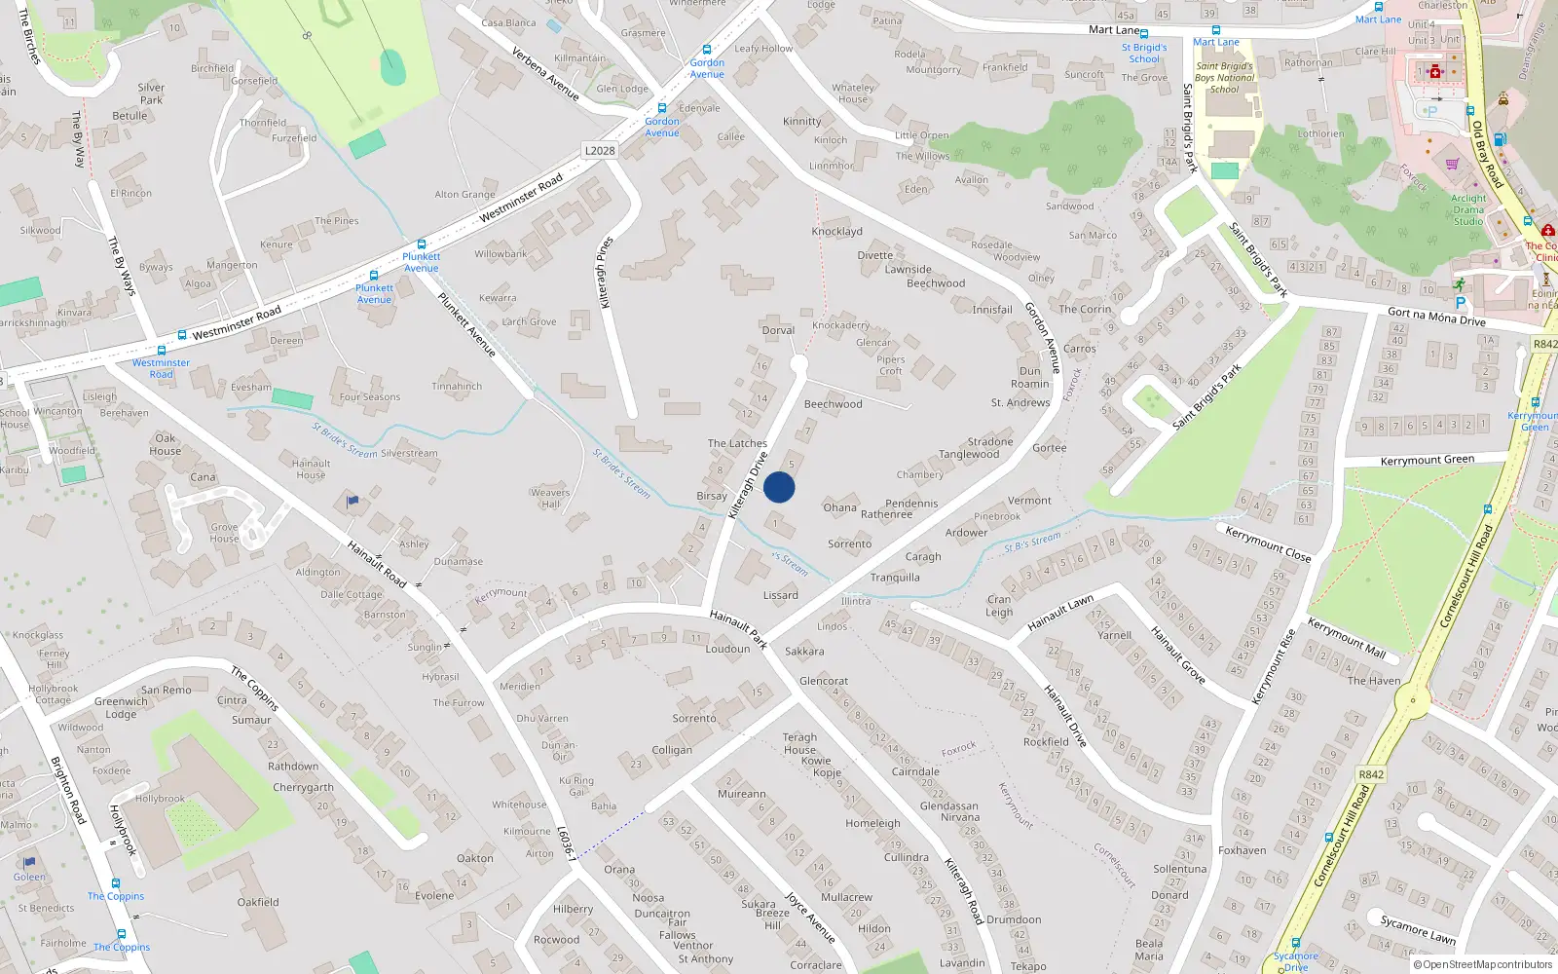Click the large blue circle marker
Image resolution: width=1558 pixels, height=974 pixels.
[779, 487]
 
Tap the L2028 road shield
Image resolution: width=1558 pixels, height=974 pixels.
[600, 150]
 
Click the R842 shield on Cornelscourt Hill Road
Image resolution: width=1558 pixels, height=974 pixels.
[1371, 774]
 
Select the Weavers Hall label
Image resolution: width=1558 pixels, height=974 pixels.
[550, 498]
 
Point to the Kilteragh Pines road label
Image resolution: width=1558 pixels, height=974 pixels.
[606, 273]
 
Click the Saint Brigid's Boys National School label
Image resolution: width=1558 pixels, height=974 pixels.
[1224, 78]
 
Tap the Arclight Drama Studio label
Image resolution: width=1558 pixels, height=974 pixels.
[1468, 209]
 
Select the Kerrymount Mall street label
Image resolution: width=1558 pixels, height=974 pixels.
[1346, 638]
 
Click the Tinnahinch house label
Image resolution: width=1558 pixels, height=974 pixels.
[457, 386]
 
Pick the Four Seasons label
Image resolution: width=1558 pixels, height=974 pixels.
[370, 397]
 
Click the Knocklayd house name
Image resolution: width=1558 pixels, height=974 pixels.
[837, 232]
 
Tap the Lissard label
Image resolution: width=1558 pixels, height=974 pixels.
[781, 595]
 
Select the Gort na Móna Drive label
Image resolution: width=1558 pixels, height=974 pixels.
[1436, 317]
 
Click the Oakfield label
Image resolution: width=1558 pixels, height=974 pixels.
[258, 902]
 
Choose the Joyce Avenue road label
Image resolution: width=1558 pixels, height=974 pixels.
[810, 917]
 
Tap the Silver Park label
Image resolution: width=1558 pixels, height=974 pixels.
[151, 94]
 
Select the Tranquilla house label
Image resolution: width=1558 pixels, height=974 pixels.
[895, 578]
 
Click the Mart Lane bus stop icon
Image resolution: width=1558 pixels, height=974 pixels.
[1215, 30]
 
